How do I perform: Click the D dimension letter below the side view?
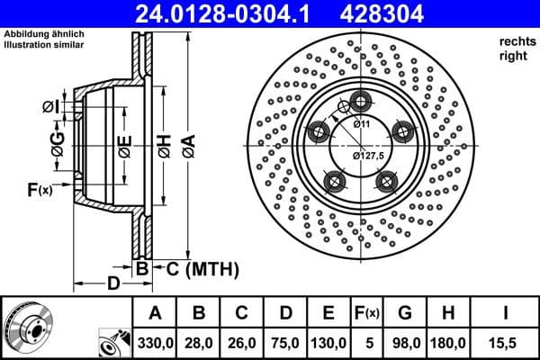click(x=112, y=284)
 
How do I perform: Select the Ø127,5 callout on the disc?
click(x=369, y=156)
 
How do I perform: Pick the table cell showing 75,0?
click(x=286, y=343)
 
